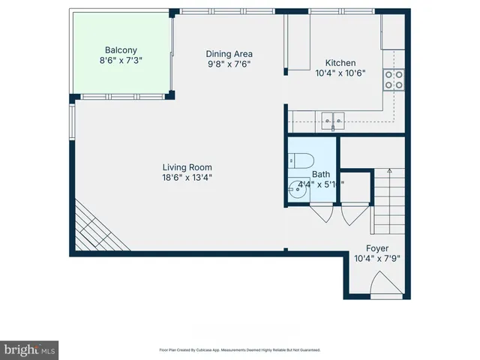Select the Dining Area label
229,53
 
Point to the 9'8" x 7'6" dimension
229,64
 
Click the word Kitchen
340,63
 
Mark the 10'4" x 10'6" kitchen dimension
340,73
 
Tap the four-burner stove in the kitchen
394,79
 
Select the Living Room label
187,167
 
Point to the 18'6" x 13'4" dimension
187,178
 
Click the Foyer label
377,248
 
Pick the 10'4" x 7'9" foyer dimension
377,259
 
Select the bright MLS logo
30,349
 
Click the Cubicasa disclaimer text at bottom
239,349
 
